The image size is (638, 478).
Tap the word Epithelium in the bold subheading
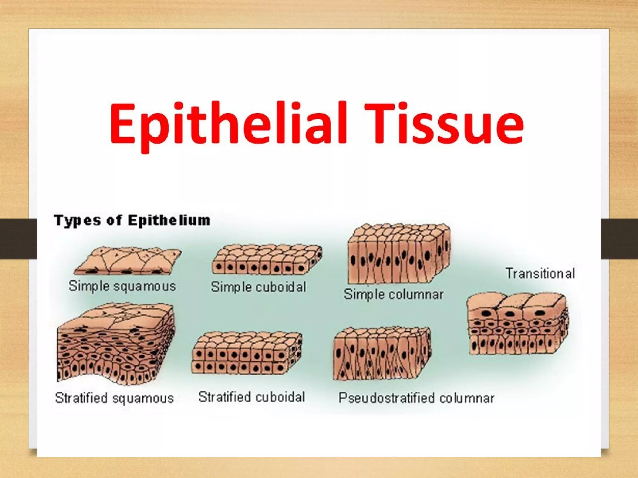pos(169,220)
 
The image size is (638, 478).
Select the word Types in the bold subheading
pos(78,221)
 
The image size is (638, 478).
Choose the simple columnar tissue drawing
pos(399,254)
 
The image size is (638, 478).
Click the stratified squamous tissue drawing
pos(115,342)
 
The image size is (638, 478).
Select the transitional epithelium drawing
pos(517,324)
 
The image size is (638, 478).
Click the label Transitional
pos(540,274)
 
